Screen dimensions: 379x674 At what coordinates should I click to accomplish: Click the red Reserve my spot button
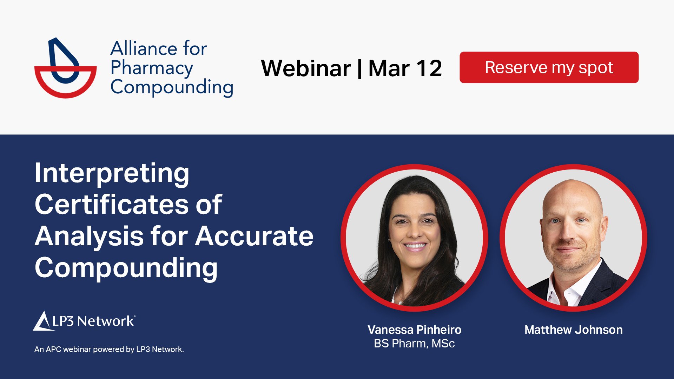(x=549, y=67)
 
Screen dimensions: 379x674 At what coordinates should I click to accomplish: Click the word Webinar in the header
(x=306, y=68)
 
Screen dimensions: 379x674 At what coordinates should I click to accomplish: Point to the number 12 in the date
(x=429, y=68)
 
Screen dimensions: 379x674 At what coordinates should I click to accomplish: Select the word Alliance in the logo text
(x=138, y=48)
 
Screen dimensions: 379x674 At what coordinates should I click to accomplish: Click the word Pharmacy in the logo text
(x=152, y=68)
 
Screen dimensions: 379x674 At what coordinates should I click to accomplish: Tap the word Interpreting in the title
(x=112, y=173)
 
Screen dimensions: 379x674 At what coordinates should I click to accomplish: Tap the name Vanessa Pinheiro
(x=414, y=330)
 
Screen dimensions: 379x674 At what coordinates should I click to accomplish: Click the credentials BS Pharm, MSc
(x=414, y=343)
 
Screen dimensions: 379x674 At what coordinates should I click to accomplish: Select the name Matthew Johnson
(x=573, y=330)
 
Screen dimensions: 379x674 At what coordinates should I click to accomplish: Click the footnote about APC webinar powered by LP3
(x=109, y=349)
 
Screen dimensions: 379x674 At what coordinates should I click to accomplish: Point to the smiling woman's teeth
(x=415, y=246)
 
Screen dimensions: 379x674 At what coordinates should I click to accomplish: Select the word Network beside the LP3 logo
(x=105, y=321)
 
